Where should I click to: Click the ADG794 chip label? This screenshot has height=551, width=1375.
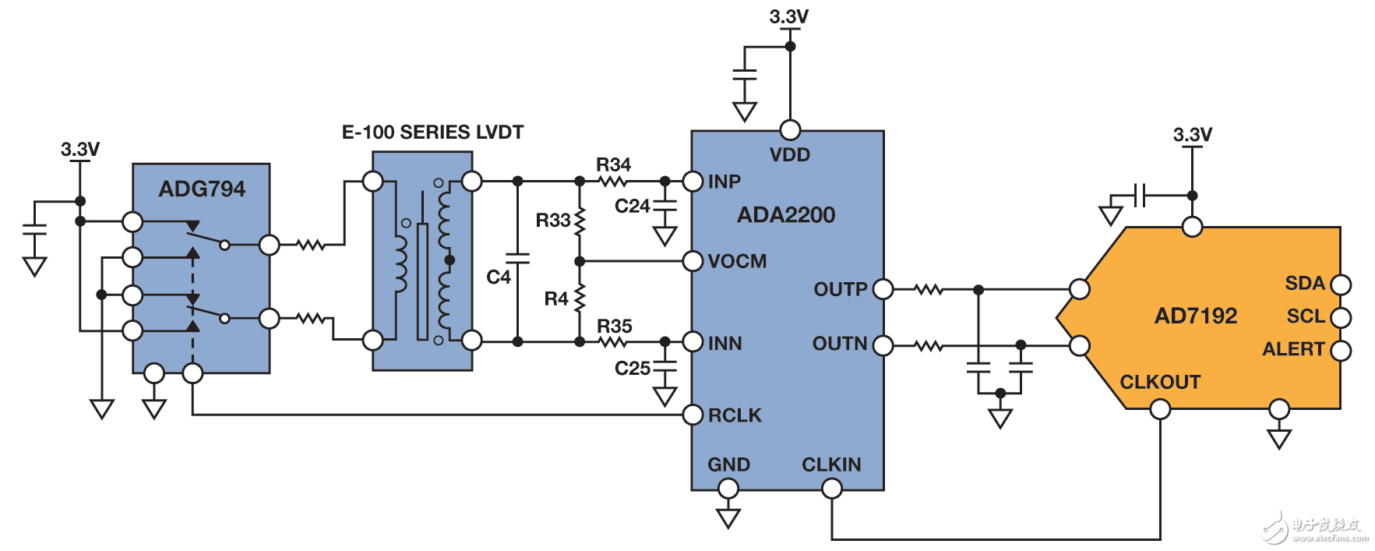(202, 189)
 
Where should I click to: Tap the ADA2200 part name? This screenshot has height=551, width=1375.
(786, 215)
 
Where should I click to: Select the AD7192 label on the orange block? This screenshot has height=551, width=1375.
(1196, 316)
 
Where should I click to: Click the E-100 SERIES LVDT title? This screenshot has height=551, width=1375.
(432, 132)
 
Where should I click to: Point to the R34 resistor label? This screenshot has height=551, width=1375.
(613, 165)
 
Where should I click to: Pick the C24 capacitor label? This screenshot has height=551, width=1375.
(632, 207)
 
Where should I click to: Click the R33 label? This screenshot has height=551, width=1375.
(552, 221)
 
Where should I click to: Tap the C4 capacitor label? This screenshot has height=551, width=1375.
(498, 277)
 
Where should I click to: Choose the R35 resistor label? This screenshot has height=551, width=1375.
(614, 326)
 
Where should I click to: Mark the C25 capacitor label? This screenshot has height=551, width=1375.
(632, 368)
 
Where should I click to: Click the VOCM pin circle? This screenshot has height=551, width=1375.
(693, 261)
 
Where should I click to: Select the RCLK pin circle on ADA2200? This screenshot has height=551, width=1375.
(693, 415)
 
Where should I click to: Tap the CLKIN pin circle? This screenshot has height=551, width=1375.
(832, 489)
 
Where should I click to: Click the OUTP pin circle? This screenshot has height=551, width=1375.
(883, 289)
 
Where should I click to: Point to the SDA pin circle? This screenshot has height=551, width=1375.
(1341, 284)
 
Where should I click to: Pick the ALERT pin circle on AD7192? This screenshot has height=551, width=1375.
(1341, 350)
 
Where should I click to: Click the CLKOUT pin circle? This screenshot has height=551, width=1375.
(1160, 409)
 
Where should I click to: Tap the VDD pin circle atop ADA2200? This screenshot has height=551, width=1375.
(790, 130)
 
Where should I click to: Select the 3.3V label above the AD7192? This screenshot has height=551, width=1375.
(1192, 135)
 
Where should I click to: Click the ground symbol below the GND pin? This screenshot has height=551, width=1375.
(728, 518)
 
